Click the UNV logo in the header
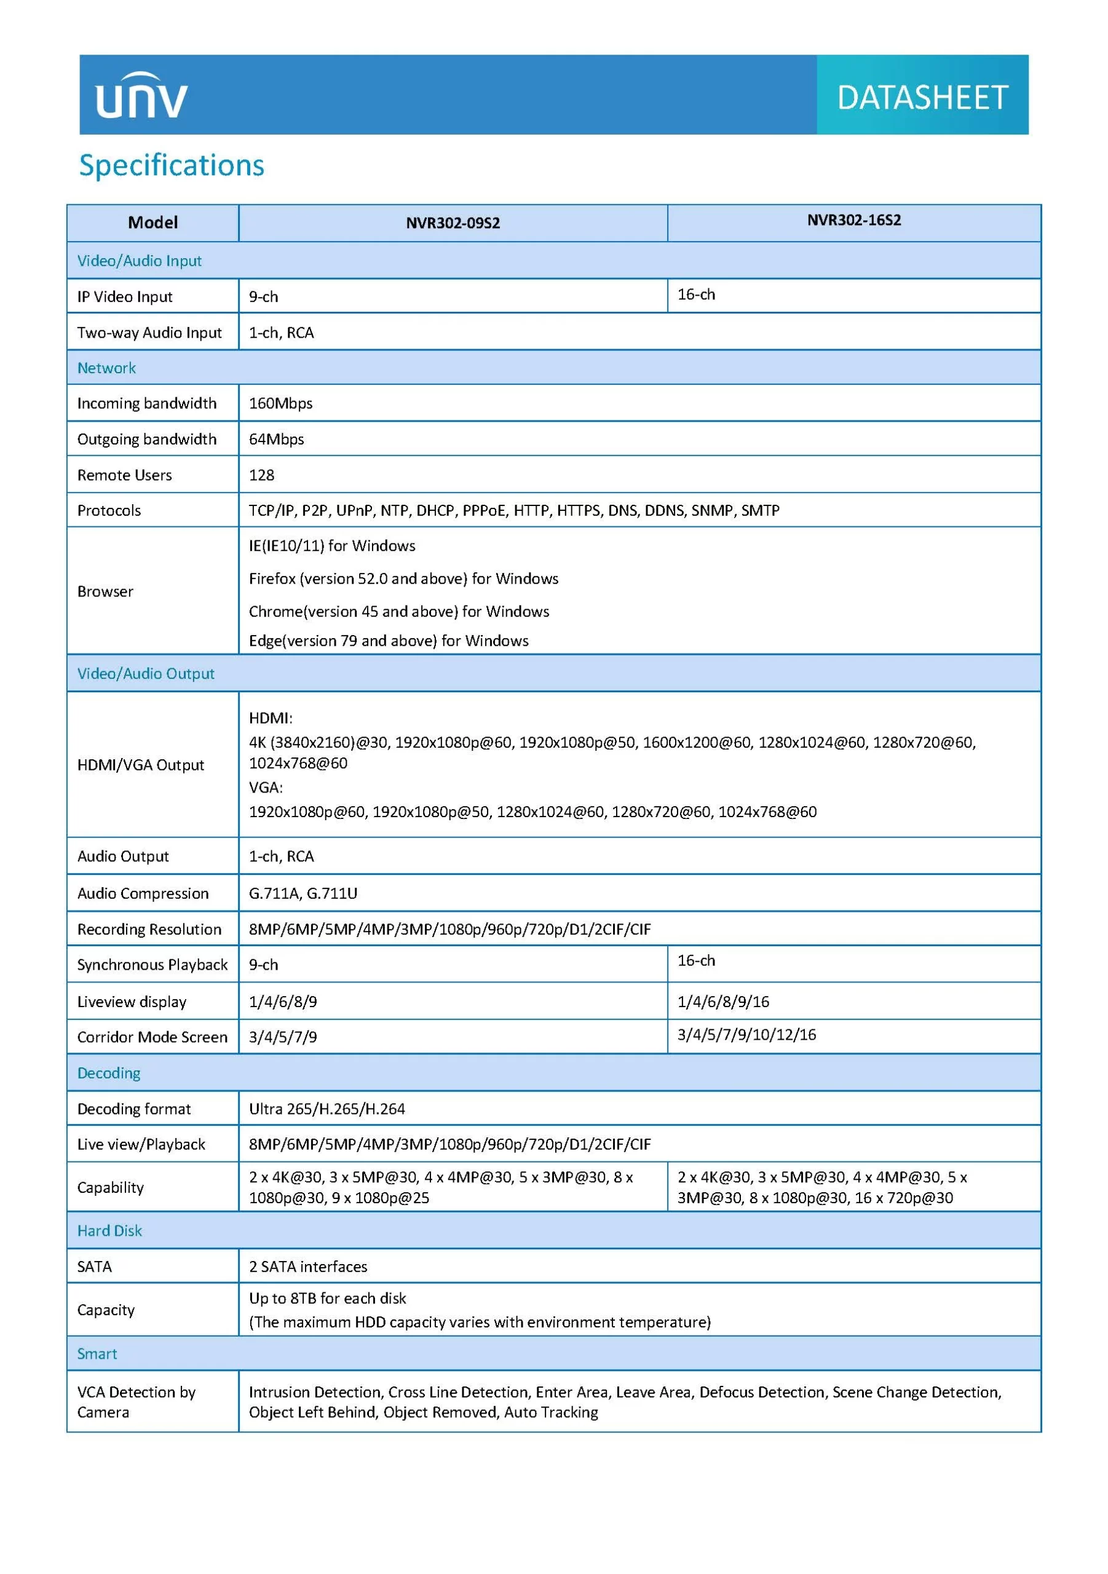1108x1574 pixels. coord(141,96)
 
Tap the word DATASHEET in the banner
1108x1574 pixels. coord(922,97)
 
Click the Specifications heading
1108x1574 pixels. coord(172,165)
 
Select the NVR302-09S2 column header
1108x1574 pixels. coord(453,223)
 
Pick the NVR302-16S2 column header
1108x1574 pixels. coord(853,220)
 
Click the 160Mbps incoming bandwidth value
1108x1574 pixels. coord(280,403)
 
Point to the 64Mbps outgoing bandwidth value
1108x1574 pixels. coord(276,439)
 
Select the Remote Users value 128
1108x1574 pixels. coord(261,475)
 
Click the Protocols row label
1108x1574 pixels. coord(109,510)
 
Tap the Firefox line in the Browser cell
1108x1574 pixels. coord(403,579)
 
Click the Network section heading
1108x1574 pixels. coord(106,368)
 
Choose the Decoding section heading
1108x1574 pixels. coord(108,1073)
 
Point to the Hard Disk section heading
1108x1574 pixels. coord(109,1230)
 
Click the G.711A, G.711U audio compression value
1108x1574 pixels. coord(303,893)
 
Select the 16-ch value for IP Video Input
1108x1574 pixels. coord(696,295)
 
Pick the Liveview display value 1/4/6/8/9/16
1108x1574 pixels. coord(722,1002)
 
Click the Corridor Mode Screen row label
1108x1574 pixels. coord(152,1037)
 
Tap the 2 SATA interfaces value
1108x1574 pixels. coord(308,1266)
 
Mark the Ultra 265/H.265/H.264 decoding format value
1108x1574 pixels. coord(326,1109)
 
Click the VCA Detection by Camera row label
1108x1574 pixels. coord(136,1402)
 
